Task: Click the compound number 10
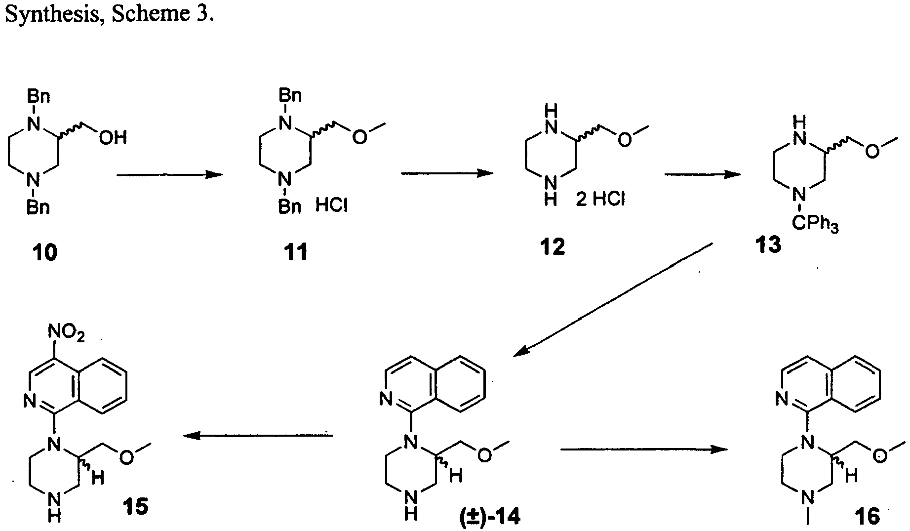(45, 253)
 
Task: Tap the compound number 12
(553, 246)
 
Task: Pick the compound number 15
(135, 506)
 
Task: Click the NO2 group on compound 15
(67, 336)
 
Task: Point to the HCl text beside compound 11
(332, 204)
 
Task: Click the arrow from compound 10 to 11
(169, 174)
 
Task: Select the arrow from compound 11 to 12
(447, 173)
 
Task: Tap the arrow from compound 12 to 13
(702, 174)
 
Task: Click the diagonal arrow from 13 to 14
(612, 299)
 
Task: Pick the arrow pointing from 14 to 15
(258, 435)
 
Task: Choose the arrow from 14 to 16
(644, 449)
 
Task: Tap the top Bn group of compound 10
(39, 94)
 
